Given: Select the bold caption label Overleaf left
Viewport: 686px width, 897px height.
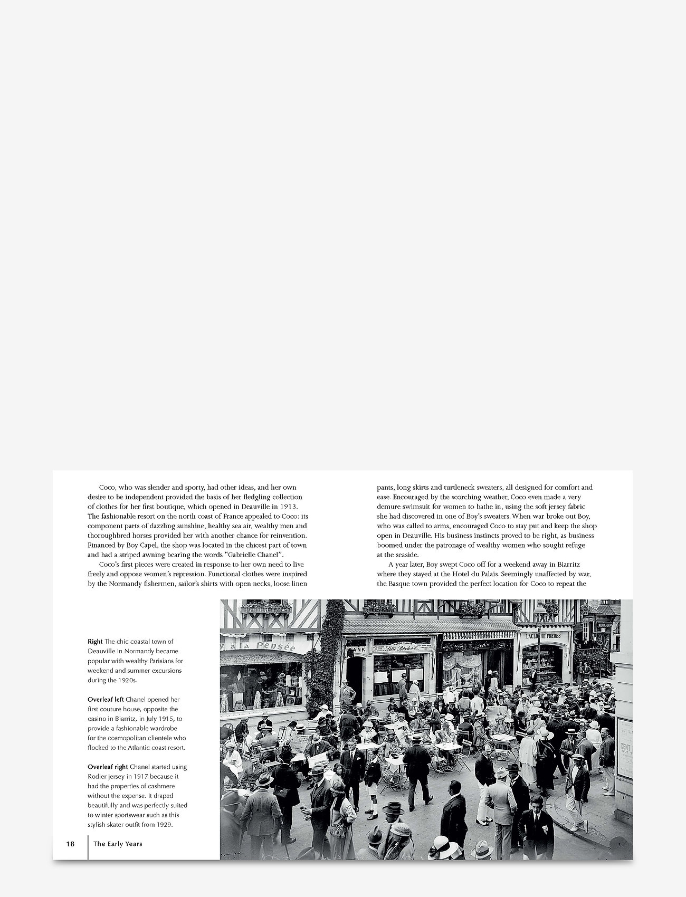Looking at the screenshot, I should (x=106, y=700).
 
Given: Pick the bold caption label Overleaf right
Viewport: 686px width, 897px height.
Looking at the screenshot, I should (x=107, y=767).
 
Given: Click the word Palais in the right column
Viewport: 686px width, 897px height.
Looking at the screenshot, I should (x=486, y=574).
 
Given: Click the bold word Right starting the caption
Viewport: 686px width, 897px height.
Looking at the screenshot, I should (x=95, y=642).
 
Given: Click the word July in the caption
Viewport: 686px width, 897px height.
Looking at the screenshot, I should (x=154, y=719).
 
